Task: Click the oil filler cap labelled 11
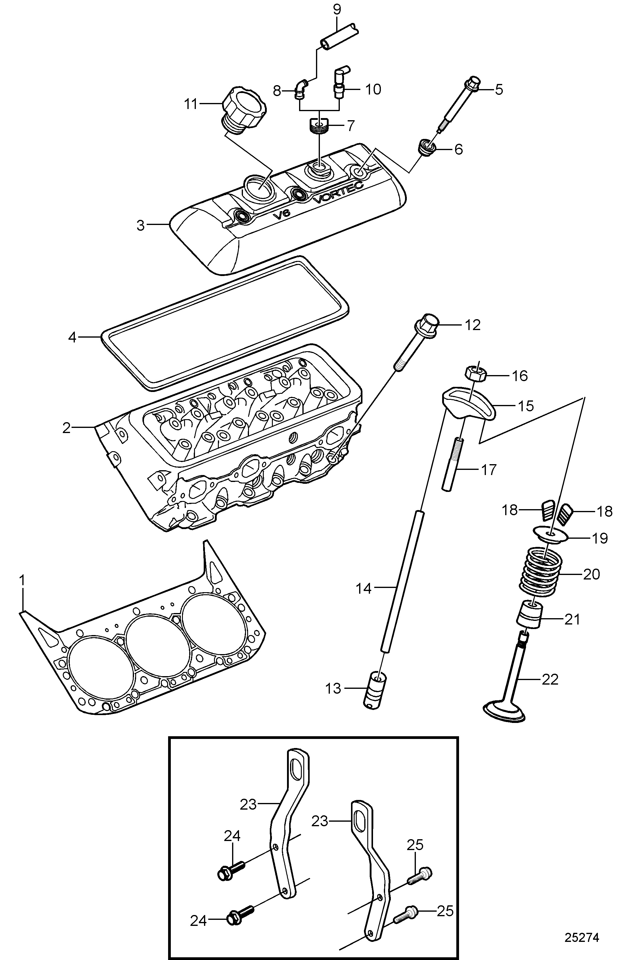point(244,107)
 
